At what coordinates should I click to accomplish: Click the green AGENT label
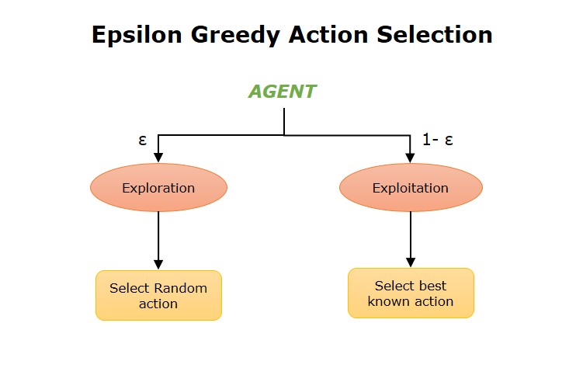[282, 92]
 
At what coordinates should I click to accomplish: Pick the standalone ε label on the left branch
[142, 141]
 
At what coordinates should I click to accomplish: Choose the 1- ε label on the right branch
[438, 140]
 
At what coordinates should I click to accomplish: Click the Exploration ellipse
[158, 188]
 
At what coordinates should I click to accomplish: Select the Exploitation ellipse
[411, 188]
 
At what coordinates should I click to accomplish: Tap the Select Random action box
[158, 295]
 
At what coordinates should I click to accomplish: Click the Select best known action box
[411, 293]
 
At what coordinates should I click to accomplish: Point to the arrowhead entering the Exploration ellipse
[158, 157]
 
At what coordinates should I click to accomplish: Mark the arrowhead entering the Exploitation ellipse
[411, 157]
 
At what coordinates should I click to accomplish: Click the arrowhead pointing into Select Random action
[158, 264]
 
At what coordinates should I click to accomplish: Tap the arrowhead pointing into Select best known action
[411, 262]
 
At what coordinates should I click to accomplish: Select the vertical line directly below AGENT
[284, 121]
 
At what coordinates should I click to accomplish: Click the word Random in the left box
[180, 288]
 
